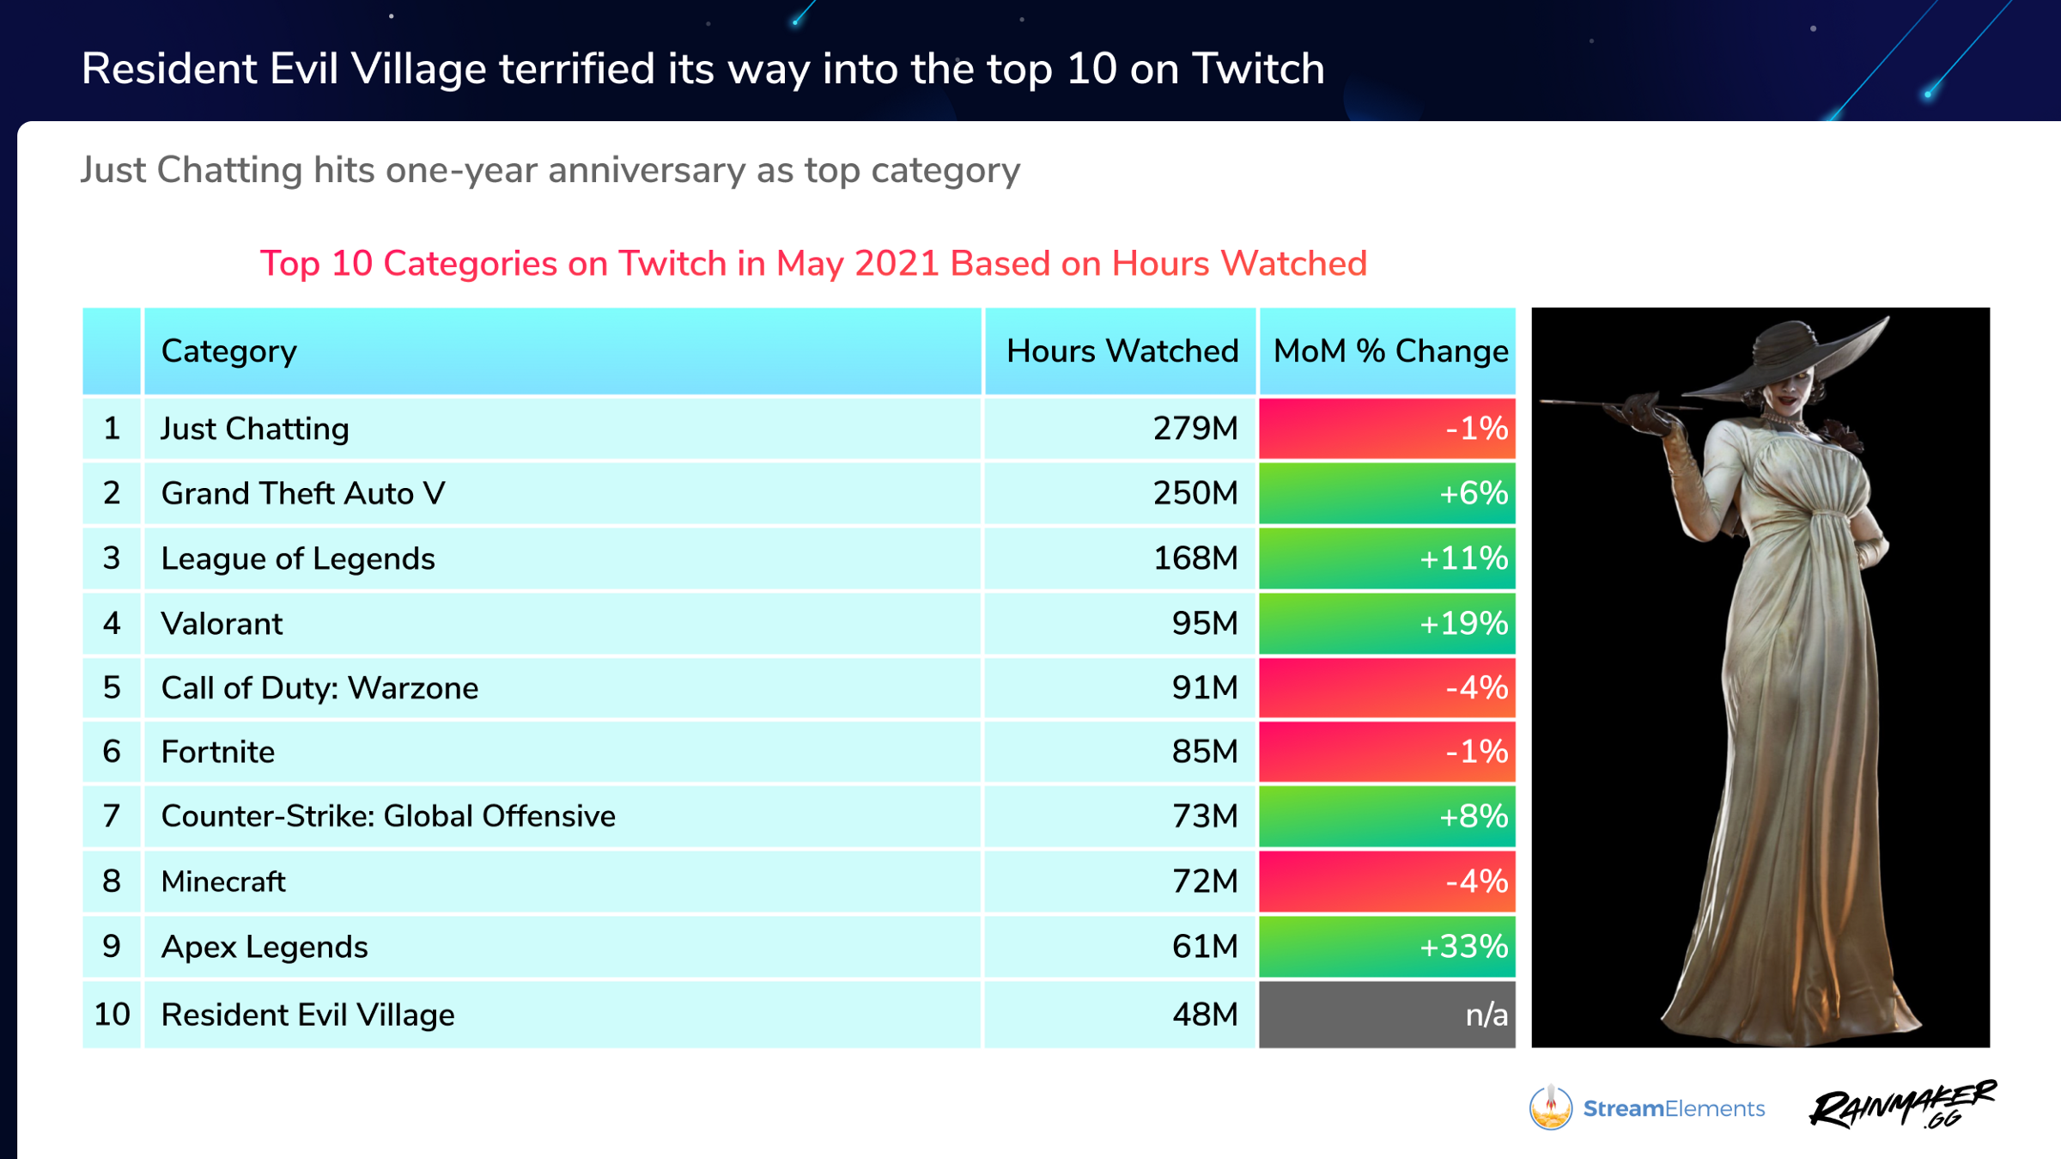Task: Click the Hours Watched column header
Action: coord(1122,351)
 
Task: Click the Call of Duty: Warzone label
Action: coord(319,687)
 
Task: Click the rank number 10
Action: coord(112,1015)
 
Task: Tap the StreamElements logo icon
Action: coord(1550,1107)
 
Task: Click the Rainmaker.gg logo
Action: coord(1902,1105)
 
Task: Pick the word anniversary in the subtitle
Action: coord(647,170)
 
